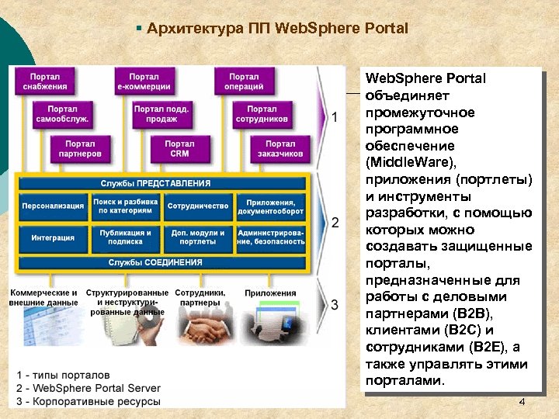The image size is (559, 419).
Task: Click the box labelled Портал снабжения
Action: (x=49, y=81)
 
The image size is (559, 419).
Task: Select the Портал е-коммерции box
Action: (x=144, y=81)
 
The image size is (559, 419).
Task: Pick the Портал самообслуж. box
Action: (x=62, y=114)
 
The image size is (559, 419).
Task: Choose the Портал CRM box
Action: (x=179, y=148)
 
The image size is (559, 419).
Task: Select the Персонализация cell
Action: (x=53, y=206)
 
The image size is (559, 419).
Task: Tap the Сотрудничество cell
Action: (x=198, y=206)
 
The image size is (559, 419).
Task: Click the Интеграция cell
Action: (x=53, y=237)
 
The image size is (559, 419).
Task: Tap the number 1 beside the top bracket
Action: (x=335, y=118)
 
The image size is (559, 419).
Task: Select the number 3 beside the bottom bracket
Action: (x=335, y=304)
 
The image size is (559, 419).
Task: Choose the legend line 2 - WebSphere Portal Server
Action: (x=88, y=388)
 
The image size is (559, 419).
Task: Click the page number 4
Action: (x=522, y=402)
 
